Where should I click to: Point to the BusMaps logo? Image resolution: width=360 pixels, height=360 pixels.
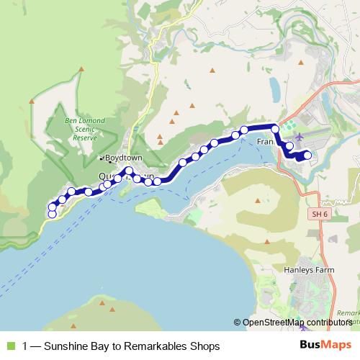tap(320, 346)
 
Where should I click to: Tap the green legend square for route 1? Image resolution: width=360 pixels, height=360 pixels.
tap(9, 346)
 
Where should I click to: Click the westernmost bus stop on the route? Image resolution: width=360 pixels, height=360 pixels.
tap(52, 214)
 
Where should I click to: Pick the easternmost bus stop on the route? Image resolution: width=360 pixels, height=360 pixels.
tap(307, 155)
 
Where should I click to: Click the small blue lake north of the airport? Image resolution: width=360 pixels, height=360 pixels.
tap(274, 89)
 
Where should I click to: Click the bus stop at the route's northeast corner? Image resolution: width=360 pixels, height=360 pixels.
tap(274, 128)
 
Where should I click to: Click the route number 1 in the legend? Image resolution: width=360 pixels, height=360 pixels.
tap(25, 346)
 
